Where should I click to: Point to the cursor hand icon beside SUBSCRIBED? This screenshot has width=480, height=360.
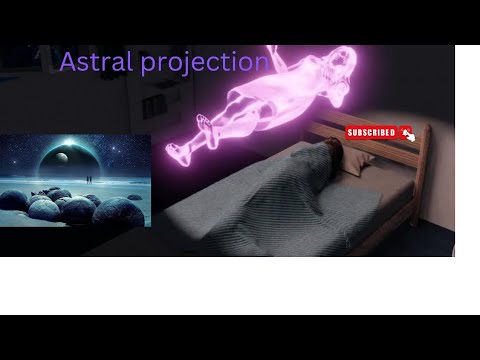(x=407, y=133)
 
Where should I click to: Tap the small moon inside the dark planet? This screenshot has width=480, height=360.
(x=58, y=156)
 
